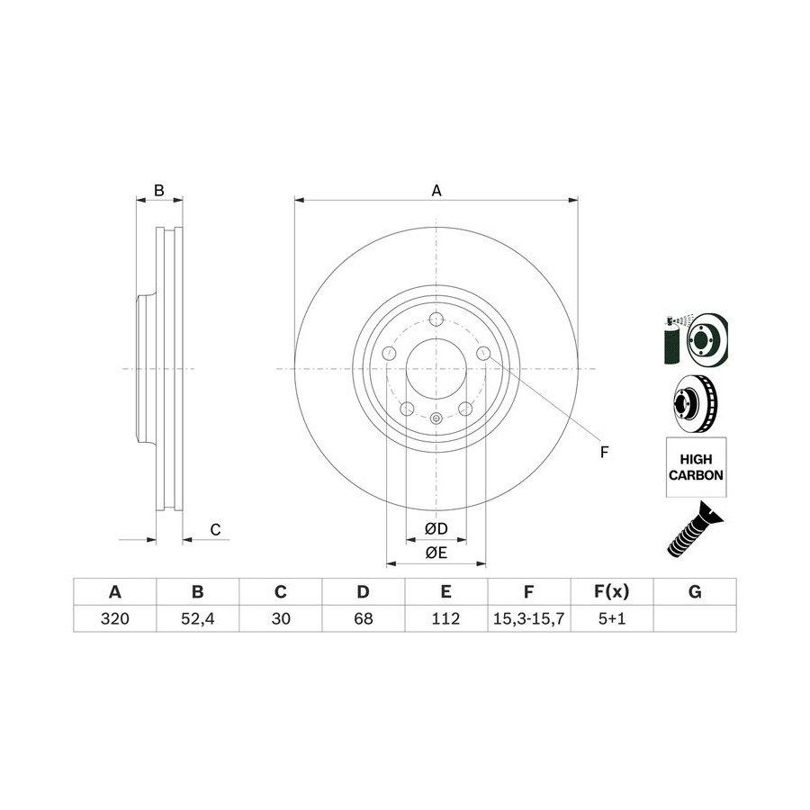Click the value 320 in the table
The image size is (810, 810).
tap(114, 618)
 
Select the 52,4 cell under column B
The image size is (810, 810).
tap(197, 618)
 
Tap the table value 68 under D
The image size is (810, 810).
tap(364, 618)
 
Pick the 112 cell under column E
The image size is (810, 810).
tap(445, 618)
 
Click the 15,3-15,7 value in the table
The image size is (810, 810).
tap(528, 618)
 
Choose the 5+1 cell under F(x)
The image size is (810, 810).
tap(612, 618)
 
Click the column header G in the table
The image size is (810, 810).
tap(695, 591)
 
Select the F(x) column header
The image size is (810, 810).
tap(612, 591)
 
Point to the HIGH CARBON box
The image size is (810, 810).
tap(696, 467)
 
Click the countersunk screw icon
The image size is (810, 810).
tap(696, 529)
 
